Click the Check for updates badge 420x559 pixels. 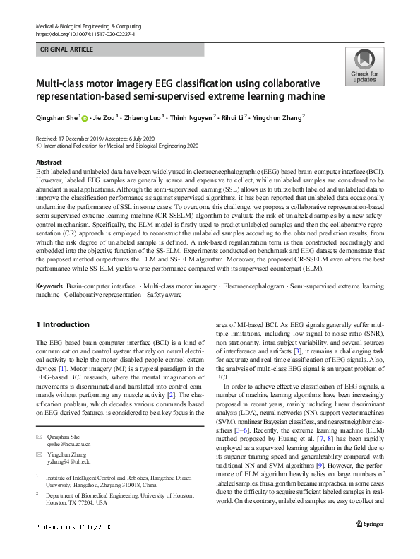(x=364, y=67)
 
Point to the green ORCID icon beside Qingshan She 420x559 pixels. (x=87, y=117)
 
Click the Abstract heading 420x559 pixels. (x=49, y=162)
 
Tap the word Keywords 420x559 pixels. (x=50, y=306)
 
